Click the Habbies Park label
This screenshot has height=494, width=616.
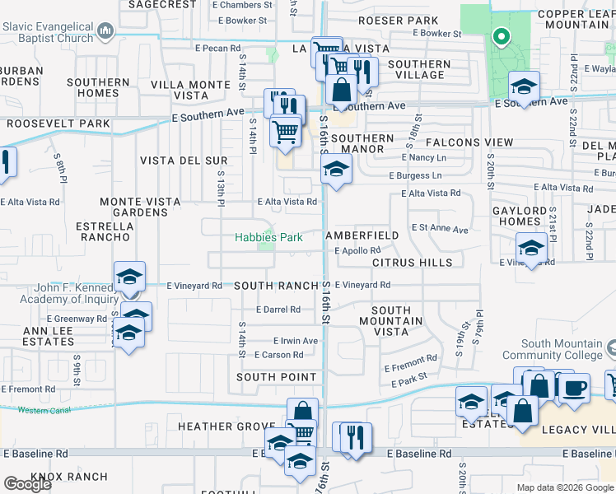[268, 237]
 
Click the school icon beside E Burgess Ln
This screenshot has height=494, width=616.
[335, 170]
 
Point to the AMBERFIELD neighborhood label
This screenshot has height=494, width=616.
[362, 235]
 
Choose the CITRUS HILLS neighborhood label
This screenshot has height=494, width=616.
[412, 263]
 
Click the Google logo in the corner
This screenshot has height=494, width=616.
[27, 484]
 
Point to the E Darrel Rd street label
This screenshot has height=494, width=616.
[277, 310]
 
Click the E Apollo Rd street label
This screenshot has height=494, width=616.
[357, 250]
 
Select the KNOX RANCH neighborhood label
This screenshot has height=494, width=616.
[69, 477]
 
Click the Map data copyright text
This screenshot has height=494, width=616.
[565, 487]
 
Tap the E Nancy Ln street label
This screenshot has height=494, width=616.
[424, 157]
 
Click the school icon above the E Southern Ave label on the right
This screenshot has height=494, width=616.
[523, 86]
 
